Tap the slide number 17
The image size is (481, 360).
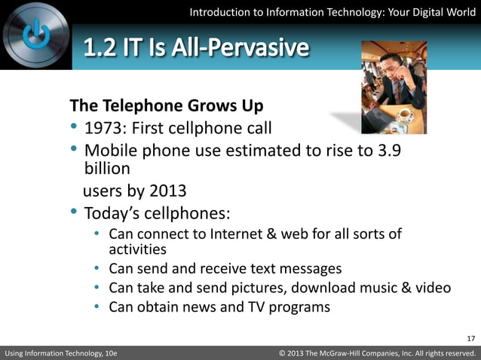point(471,337)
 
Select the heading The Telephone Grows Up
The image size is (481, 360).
point(166,104)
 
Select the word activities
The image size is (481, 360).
point(137,249)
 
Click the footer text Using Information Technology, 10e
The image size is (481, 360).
point(61,352)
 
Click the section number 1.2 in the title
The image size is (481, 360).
point(100,49)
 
